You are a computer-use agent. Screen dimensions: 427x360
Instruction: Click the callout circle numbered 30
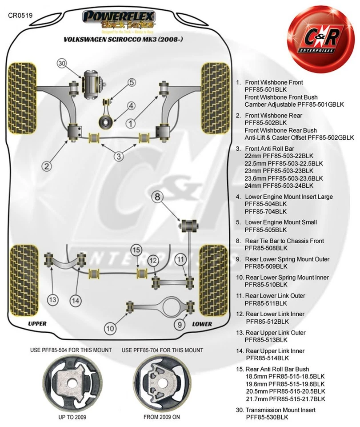[62, 64]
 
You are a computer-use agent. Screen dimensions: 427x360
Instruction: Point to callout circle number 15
[136, 250]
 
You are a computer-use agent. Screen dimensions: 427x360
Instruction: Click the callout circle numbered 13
[53, 300]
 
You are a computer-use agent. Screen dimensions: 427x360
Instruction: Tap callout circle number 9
[180, 325]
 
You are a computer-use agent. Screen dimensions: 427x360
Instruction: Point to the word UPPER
[37, 324]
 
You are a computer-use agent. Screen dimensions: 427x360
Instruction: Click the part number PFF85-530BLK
[267, 417]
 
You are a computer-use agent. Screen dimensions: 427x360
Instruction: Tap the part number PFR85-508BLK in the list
[266, 248]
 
